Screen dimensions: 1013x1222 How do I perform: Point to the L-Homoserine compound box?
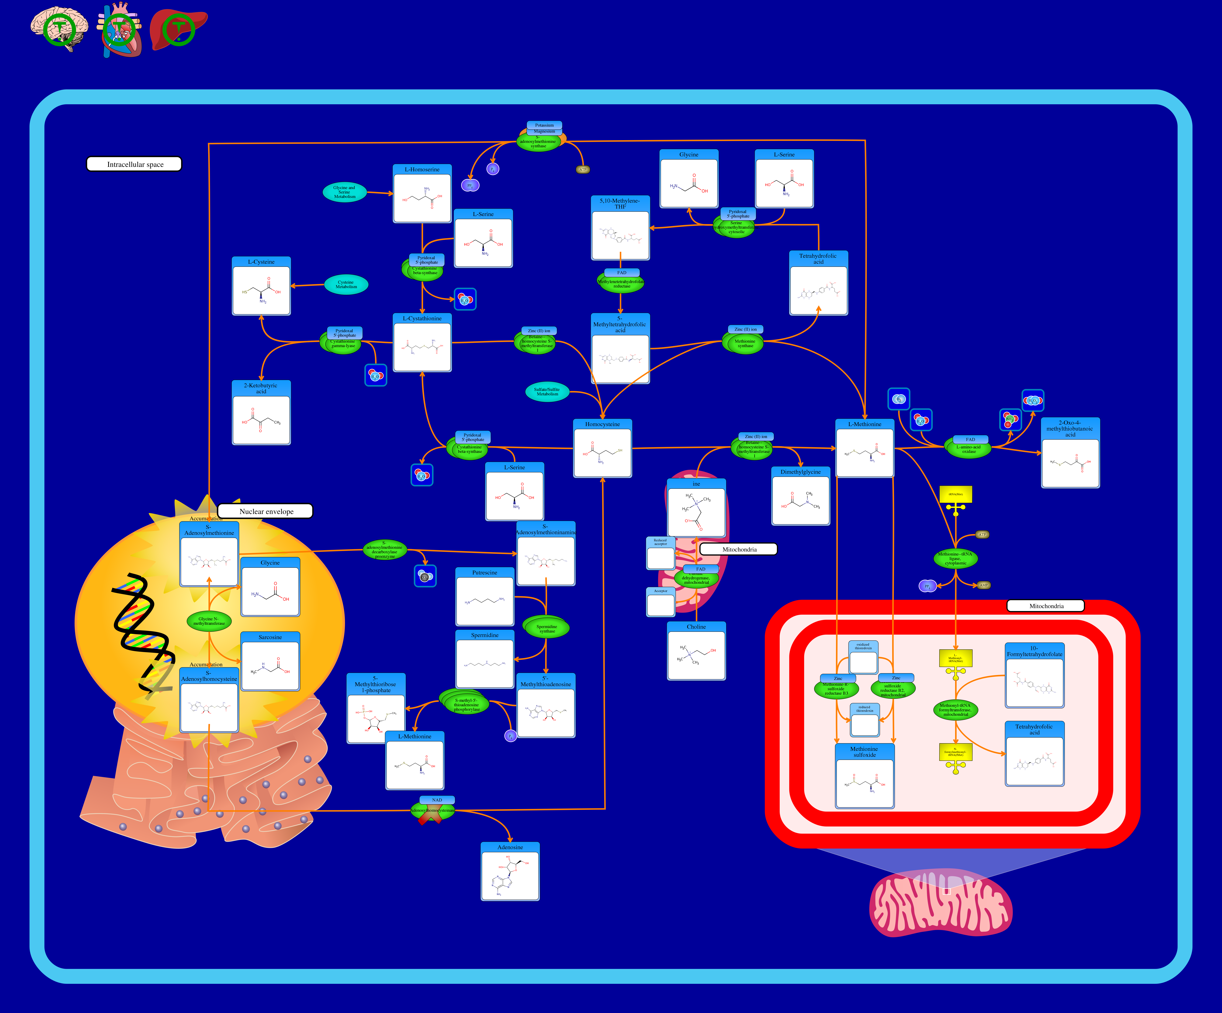coord(422,194)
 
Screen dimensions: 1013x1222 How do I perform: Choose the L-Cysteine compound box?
coord(261,286)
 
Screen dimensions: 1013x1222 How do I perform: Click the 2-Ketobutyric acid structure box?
coord(261,413)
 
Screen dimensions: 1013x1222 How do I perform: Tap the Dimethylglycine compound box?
coord(801,496)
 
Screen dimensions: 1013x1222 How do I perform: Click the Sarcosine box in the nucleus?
coord(270,662)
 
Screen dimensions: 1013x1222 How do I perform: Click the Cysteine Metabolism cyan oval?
coord(346,285)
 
